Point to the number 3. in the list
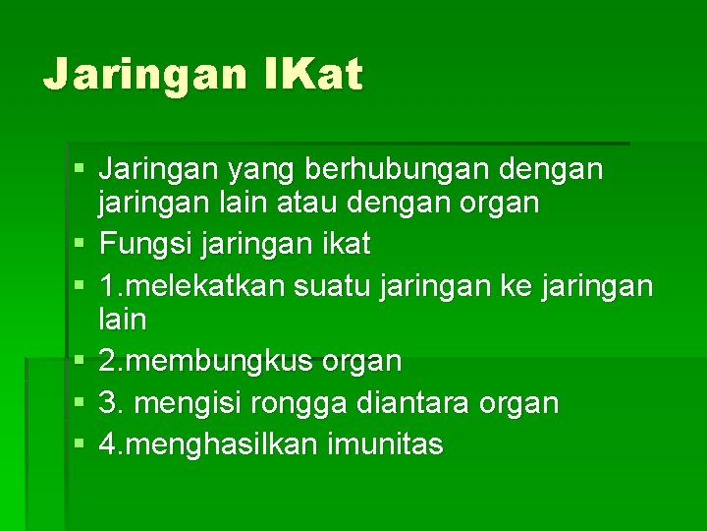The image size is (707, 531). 112,403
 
